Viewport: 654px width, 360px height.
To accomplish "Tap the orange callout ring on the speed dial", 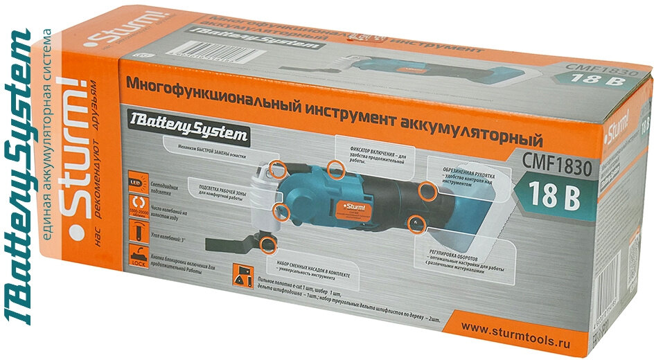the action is [416, 223].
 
